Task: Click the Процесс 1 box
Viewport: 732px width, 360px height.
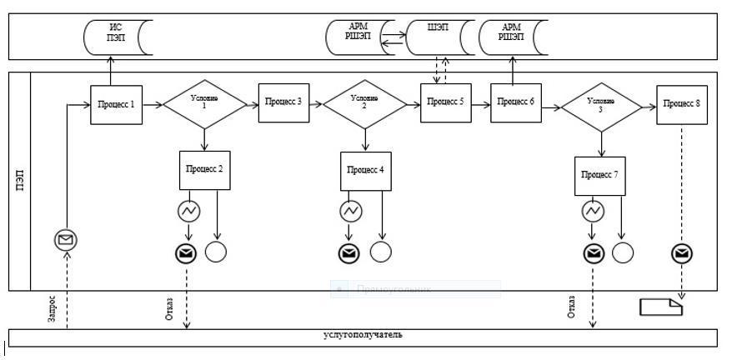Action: click(116, 103)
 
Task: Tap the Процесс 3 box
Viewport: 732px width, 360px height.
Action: click(283, 102)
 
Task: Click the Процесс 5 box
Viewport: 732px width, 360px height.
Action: click(445, 102)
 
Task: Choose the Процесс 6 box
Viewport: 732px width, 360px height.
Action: click(516, 102)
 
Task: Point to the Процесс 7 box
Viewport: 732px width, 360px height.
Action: click(600, 175)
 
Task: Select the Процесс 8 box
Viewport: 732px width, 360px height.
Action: click(682, 103)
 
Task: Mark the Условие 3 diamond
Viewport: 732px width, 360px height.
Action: click(601, 105)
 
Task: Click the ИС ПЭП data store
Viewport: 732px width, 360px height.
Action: click(116, 38)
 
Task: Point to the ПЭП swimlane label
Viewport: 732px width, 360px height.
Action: click(19, 180)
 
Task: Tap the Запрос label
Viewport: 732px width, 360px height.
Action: click(53, 309)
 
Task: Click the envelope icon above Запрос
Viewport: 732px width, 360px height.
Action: click(65, 241)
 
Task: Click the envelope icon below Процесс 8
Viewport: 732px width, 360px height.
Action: click(682, 252)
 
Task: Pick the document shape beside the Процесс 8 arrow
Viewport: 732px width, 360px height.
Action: click(661, 307)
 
